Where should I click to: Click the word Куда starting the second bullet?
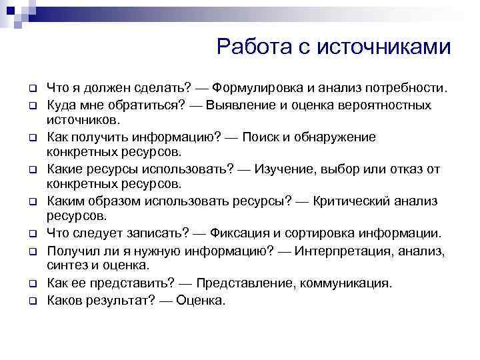coord(61,105)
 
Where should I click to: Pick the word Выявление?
coord(239,105)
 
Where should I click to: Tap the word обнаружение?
coord(337,137)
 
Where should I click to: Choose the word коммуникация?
coord(349,283)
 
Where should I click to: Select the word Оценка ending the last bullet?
coord(201,300)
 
